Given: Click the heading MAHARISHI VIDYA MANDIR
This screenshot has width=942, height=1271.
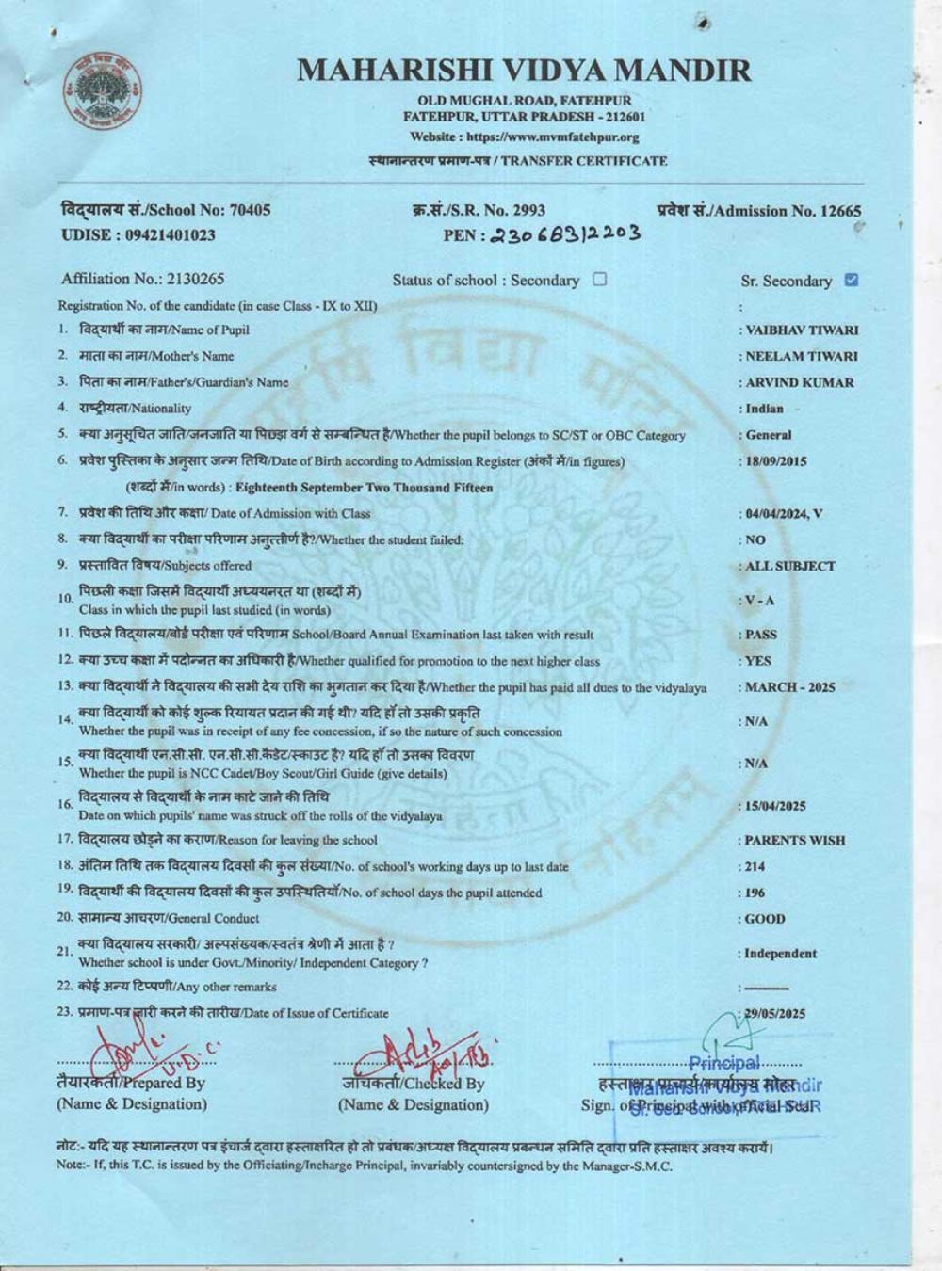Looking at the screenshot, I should [x=525, y=70].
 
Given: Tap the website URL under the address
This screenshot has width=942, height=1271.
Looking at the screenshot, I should [x=525, y=137].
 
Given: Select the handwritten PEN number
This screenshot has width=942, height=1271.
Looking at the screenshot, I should [x=563, y=234].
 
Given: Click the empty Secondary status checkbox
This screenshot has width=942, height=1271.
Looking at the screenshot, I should [x=599, y=279].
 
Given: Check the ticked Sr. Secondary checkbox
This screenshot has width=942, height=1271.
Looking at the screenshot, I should [x=852, y=280].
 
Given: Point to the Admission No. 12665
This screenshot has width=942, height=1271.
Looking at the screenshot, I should [x=759, y=211].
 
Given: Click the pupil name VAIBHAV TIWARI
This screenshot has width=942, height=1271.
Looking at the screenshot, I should [x=802, y=330].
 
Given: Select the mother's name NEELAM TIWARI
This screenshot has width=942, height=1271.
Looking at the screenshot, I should [x=802, y=357].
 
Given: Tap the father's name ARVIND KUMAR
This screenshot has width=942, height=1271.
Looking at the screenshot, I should [x=800, y=383].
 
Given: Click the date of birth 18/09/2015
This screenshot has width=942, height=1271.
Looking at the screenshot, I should [x=776, y=462].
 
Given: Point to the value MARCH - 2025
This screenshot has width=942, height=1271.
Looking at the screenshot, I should [x=789, y=687].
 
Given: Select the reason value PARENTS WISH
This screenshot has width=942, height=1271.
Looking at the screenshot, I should [x=795, y=841].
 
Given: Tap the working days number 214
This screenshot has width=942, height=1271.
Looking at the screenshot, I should [x=755, y=867].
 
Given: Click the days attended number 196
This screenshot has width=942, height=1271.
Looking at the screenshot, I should [x=755, y=893].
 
